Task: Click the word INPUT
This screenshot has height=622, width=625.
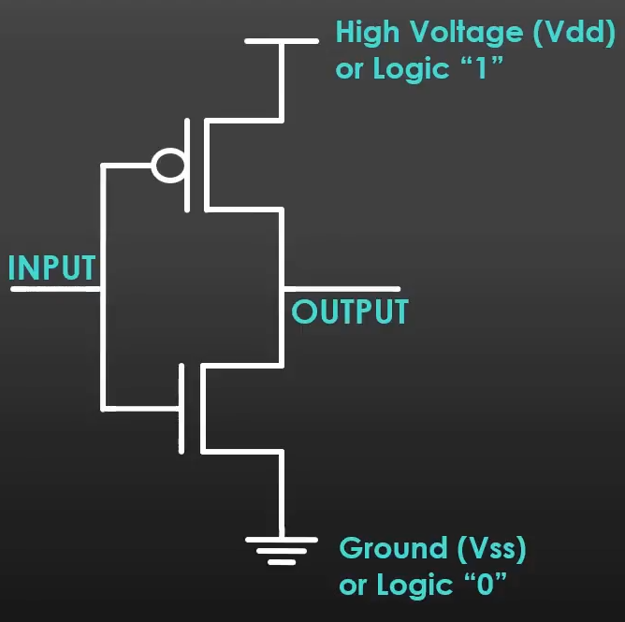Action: pyautogui.click(x=51, y=268)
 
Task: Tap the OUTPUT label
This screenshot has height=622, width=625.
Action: pyautogui.click(x=350, y=311)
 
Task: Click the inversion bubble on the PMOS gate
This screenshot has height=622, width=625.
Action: pyautogui.click(x=168, y=166)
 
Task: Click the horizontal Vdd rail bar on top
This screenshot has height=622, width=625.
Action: pyautogui.click(x=281, y=41)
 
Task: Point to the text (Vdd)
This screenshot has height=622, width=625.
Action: pyautogui.click(x=573, y=33)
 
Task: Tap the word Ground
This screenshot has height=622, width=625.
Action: pyautogui.click(x=393, y=548)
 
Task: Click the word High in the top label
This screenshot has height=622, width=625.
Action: pyautogui.click(x=366, y=33)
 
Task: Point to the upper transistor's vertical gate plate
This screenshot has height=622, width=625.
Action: pyautogui.click(x=188, y=164)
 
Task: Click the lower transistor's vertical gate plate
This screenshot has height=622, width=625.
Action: pyautogui.click(x=181, y=408)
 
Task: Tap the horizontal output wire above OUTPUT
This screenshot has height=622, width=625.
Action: pyautogui.click(x=342, y=289)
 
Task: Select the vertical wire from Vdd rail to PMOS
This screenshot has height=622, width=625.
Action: pyautogui.click(x=281, y=80)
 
